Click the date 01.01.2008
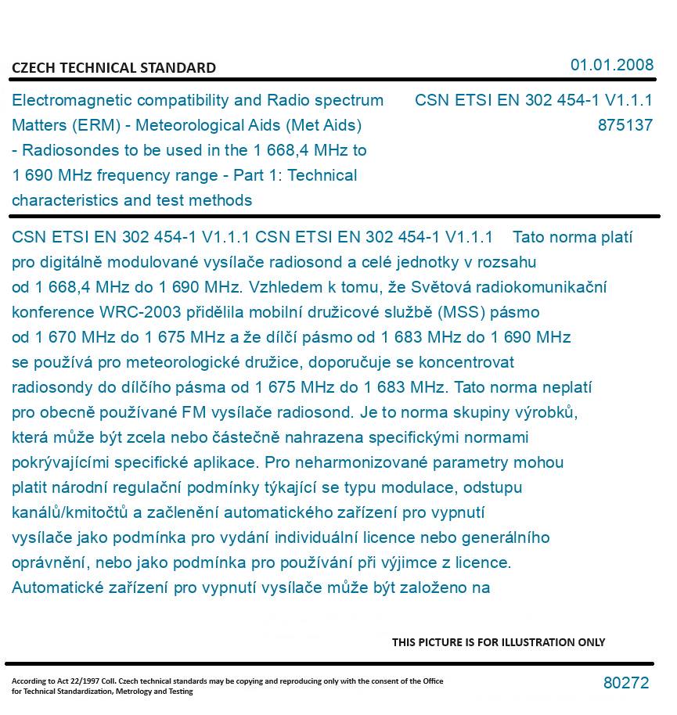pos(612,65)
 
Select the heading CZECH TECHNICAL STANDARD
pos(113,68)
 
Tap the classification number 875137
pos(625,125)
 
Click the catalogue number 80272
pos(626,683)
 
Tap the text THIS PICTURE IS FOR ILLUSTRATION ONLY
pos(499,642)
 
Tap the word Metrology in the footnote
pos(135,692)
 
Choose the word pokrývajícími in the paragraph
pos(61,462)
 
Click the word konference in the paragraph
pos(52,312)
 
